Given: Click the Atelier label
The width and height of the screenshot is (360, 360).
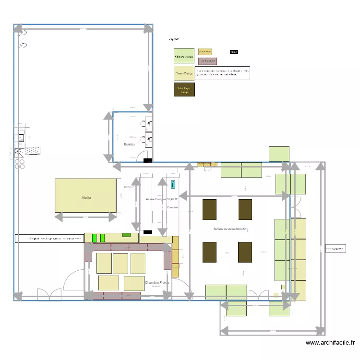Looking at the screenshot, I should pyautogui.click(x=86, y=197).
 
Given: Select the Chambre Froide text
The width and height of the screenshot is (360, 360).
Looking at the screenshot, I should pyautogui.click(x=158, y=283).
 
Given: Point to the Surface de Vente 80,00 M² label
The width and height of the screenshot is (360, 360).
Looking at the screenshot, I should pyautogui.click(x=230, y=229).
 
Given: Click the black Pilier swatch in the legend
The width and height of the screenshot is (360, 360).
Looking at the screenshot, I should pyautogui.click(x=234, y=51).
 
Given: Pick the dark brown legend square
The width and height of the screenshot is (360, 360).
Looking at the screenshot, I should pyautogui.click(x=184, y=90).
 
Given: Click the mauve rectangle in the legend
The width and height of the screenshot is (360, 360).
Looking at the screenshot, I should pyautogui.click(x=207, y=61).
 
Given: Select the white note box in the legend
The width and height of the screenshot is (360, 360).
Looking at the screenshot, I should pyautogui.click(x=223, y=73).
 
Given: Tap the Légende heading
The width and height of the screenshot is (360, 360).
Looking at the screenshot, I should pyautogui.click(x=174, y=39).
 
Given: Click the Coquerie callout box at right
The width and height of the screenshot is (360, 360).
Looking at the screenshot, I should pyautogui.click(x=335, y=249).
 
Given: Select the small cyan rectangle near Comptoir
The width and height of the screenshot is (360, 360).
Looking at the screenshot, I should pyautogui.click(x=173, y=183).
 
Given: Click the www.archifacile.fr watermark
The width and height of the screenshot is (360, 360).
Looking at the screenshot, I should pyautogui.click(x=330, y=343).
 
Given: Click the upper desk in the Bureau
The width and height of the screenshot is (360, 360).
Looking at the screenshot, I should pyautogui.click(x=148, y=124).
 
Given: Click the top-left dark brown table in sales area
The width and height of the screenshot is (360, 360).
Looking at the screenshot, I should pyautogui.click(x=209, y=209).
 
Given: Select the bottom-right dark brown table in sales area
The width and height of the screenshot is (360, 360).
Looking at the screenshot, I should pyautogui.click(x=245, y=252).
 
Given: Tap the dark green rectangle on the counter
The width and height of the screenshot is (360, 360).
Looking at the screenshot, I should pyautogui.click(x=127, y=235).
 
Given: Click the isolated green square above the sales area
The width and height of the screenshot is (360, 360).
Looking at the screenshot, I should pyautogui.click(x=279, y=154).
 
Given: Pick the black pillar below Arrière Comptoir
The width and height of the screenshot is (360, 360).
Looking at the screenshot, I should pyautogui.click(x=148, y=232).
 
